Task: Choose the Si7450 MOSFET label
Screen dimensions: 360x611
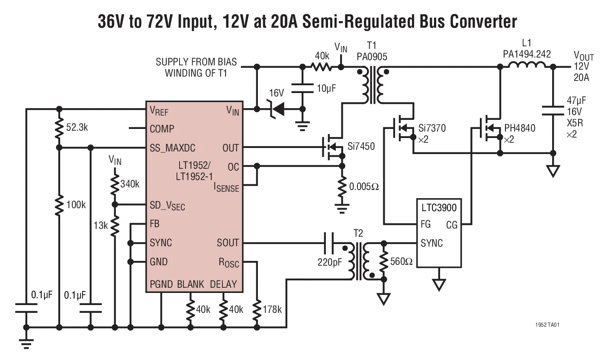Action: coord(361,147)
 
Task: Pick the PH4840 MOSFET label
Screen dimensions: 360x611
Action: coord(520,128)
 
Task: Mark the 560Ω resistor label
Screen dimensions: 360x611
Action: coord(402,261)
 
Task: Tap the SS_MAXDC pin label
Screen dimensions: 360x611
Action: coord(172,148)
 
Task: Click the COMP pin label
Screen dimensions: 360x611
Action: coord(162,129)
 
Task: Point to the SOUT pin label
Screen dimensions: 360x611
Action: coord(228,243)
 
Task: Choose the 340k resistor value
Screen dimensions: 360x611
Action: coord(130,184)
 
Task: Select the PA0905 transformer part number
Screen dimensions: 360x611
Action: coord(372,57)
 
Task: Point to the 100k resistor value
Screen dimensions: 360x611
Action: coord(76,205)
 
